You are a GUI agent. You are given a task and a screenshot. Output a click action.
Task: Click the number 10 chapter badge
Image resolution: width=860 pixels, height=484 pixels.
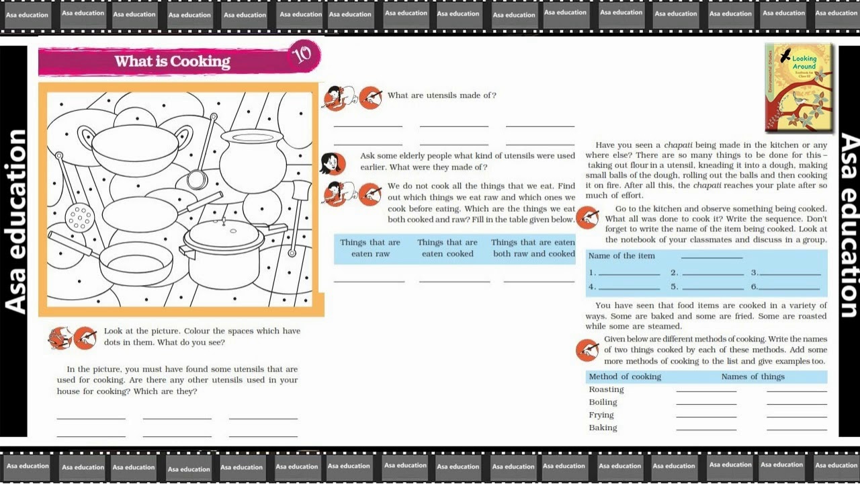click(x=303, y=56)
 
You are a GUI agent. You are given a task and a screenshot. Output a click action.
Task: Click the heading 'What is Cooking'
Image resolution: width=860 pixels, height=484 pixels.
click(x=173, y=61)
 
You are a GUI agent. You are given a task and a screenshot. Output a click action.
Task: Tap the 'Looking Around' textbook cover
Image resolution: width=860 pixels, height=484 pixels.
click(x=799, y=87)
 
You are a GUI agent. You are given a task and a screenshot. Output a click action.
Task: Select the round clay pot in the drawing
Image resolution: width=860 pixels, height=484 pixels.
click(x=253, y=161)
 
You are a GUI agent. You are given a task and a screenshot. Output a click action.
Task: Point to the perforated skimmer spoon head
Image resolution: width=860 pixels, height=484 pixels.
click(x=79, y=218)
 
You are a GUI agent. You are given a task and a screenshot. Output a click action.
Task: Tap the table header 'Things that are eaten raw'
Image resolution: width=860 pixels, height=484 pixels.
click(x=370, y=248)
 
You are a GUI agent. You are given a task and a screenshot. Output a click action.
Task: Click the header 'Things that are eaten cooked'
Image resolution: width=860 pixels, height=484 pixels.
click(x=447, y=248)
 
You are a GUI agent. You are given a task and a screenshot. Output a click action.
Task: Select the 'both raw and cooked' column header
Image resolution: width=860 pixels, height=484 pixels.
click(x=533, y=248)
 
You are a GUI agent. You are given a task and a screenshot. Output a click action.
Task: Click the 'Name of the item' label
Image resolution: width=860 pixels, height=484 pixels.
click(x=621, y=256)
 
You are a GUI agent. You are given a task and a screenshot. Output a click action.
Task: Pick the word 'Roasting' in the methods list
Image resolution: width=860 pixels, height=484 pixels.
click(x=607, y=389)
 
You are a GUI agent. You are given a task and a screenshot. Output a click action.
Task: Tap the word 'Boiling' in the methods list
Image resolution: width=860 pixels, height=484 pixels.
click(x=603, y=402)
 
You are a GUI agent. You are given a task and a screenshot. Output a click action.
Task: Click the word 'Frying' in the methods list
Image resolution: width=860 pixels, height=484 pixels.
click(x=601, y=415)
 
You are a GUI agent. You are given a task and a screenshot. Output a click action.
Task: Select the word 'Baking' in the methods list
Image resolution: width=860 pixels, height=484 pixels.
click(x=603, y=428)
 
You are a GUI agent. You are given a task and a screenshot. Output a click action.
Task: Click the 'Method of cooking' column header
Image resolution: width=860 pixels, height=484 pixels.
click(x=625, y=376)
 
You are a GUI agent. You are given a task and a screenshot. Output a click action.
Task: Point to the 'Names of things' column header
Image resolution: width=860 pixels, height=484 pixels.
click(x=753, y=376)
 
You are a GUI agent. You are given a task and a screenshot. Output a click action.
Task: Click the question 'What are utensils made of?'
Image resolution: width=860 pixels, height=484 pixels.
click(x=442, y=95)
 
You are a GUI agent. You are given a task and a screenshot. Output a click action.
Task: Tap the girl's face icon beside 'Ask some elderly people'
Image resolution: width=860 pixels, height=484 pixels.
click(x=333, y=163)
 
